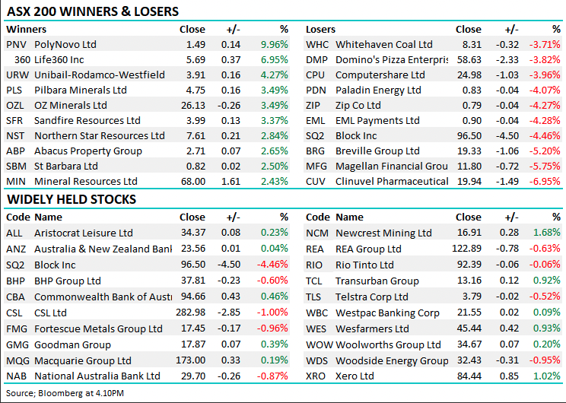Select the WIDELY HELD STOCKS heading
pyautogui.click(x=72, y=199)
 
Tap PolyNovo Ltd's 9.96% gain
pyautogui.click(x=274, y=45)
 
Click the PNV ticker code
pyautogui.click(x=15, y=45)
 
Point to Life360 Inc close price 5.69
pyautogui.click(x=195, y=60)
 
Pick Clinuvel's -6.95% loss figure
pyautogui.click(x=546, y=182)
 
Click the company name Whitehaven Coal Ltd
pyautogui.click(x=383, y=45)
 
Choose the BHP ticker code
pyautogui.click(x=16, y=281)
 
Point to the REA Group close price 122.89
pyautogui.click(x=468, y=249)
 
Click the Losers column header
pyautogui.click(x=320, y=29)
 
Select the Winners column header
pyautogui.click(x=26, y=29)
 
